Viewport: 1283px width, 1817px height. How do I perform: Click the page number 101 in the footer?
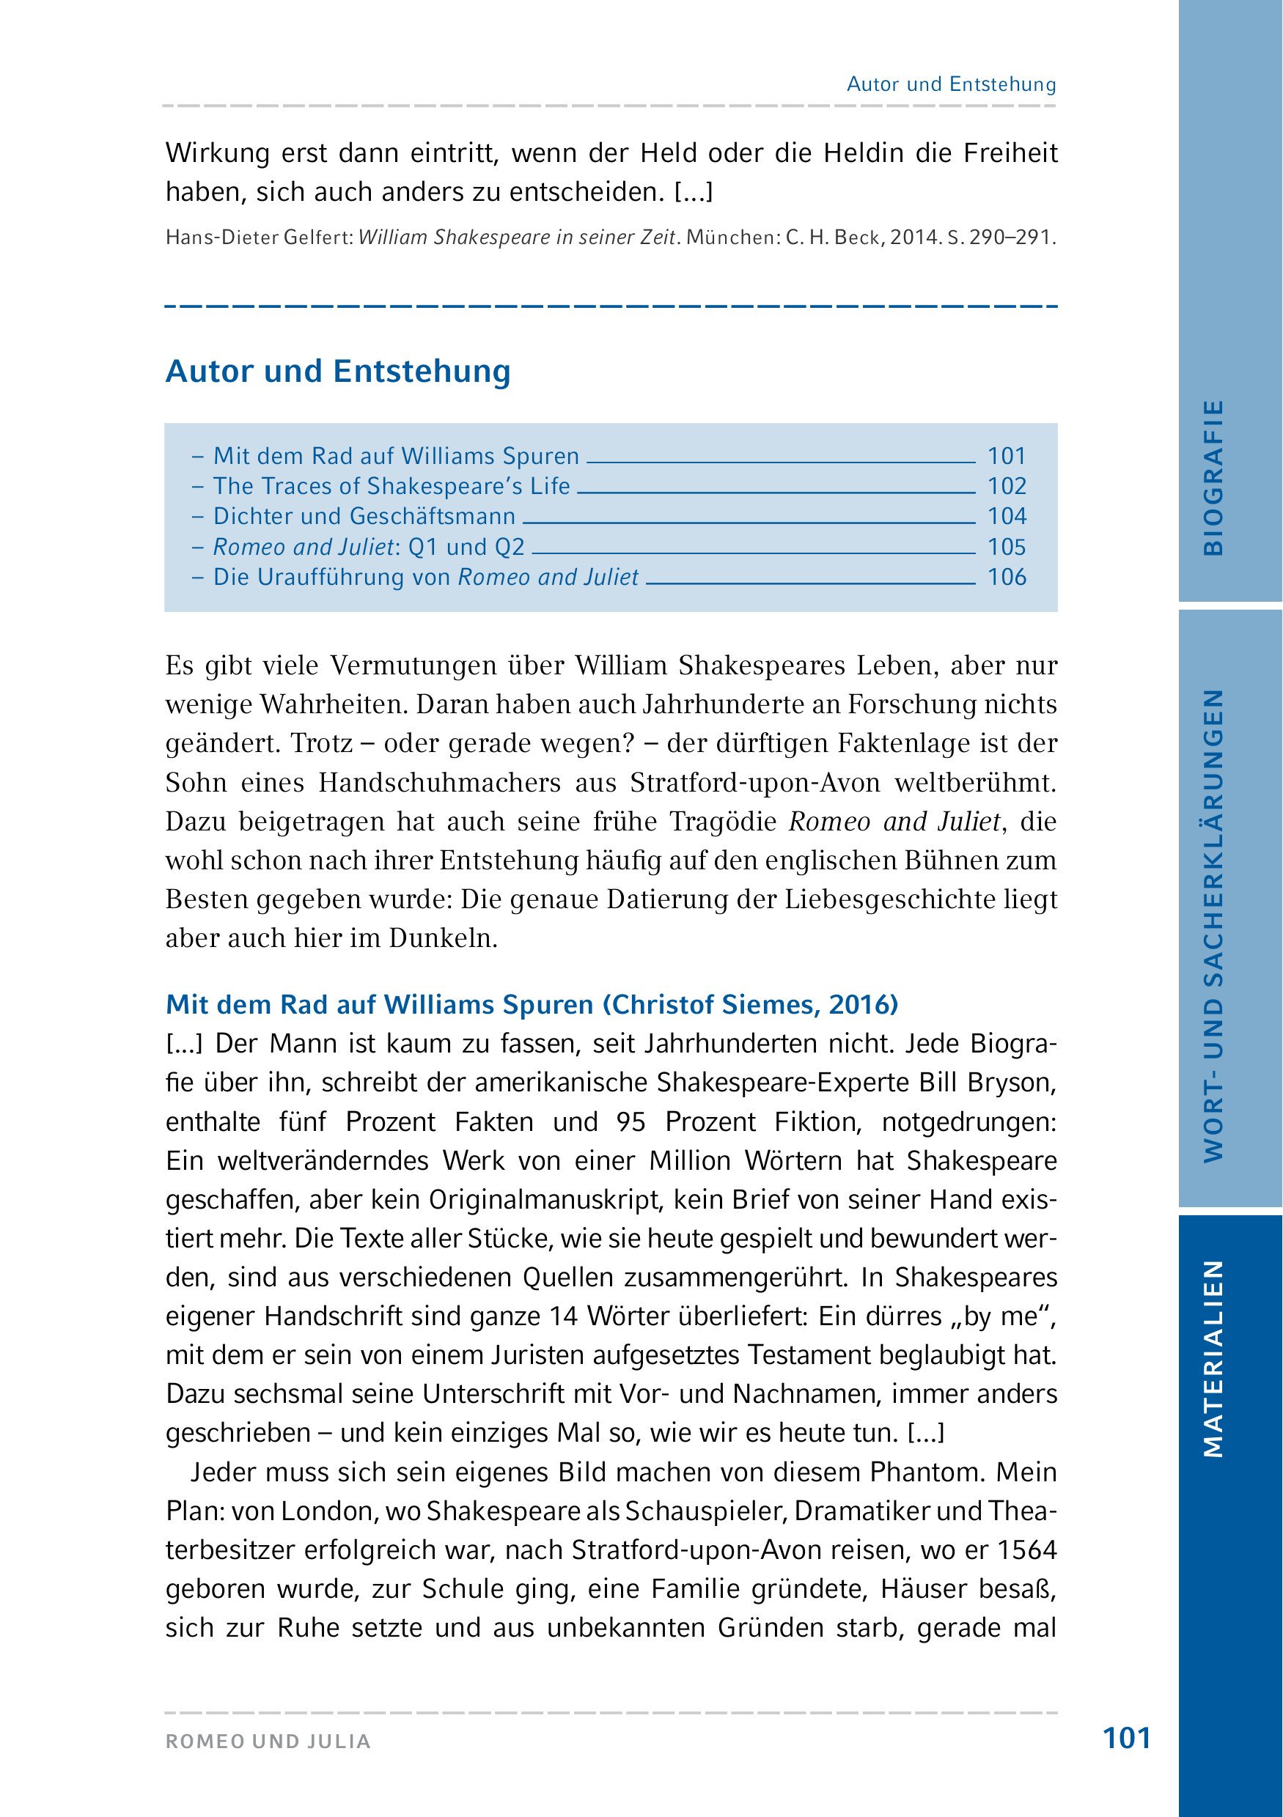(x=1126, y=1738)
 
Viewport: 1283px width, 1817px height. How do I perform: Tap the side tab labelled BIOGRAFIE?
(x=1213, y=477)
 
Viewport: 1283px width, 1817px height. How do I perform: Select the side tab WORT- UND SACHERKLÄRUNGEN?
(x=1213, y=925)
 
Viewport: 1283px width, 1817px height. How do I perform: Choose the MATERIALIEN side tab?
(x=1213, y=1358)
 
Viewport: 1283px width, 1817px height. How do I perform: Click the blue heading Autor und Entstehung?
(x=338, y=371)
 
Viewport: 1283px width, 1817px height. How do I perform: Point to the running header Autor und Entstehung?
(x=952, y=85)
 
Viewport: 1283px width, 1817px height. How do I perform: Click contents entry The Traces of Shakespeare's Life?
(x=391, y=486)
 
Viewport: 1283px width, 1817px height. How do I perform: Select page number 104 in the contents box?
(x=1007, y=517)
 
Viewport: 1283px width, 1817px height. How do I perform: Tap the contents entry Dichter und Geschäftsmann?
(x=364, y=517)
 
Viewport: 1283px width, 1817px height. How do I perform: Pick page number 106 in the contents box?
(x=1007, y=577)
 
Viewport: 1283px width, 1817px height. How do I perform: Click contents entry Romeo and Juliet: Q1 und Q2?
(x=369, y=547)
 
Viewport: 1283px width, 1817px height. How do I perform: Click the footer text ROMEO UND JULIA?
(x=268, y=1742)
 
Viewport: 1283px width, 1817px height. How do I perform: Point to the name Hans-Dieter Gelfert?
(x=258, y=237)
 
